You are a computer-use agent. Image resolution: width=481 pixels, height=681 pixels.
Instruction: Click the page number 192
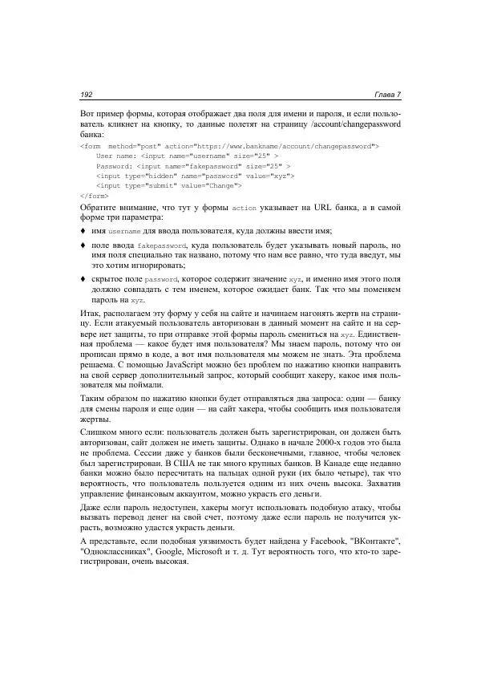tap(87, 95)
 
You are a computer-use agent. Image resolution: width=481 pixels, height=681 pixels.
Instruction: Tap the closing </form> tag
tap(95, 195)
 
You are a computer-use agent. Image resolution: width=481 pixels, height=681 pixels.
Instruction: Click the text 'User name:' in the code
tap(115, 156)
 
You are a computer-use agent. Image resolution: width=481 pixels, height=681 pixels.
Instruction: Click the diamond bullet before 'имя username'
tap(84, 230)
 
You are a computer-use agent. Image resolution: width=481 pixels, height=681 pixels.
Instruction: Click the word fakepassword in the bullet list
tap(160, 244)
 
